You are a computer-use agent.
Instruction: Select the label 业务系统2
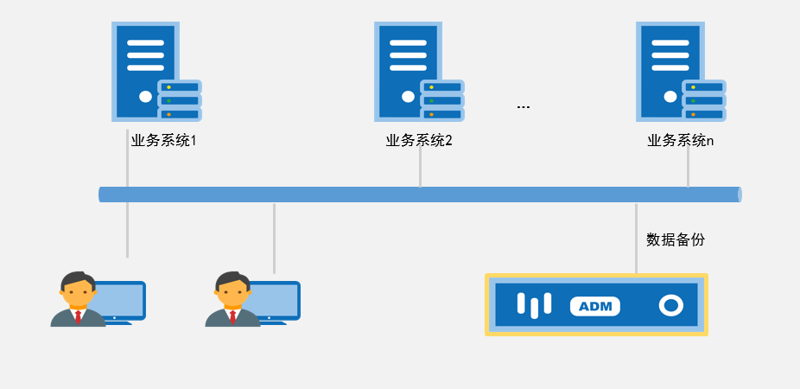pyautogui.click(x=419, y=140)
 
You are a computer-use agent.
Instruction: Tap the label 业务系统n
pyautogui.click(x=681, y=140)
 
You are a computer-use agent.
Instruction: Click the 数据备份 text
pyautogui.click(x=676, y=239)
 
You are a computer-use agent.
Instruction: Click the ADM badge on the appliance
pyautogui.click(x=594, y=306)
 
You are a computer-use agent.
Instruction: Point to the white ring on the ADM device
pyautogui.click(x=670, y=305)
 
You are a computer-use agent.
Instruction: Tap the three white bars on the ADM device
pyautogui.click(x=534, y=304)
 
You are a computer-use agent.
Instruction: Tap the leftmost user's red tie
pyautogui.click(x=79, y=316)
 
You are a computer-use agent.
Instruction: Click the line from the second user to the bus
pyautogui.click(x=274, y=238)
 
